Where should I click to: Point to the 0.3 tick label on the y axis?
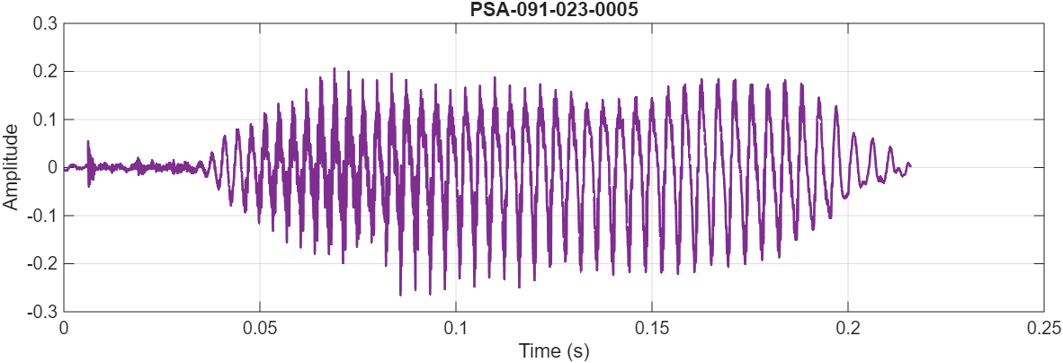coord(44,22)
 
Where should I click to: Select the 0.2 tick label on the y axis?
coord(44,71)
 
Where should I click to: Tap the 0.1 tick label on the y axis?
coord(44,120)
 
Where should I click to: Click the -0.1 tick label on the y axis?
coord(42,216)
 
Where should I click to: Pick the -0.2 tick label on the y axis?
coord(42,264)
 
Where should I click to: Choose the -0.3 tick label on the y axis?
coord(42,312)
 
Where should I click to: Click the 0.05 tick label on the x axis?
coord(260,329)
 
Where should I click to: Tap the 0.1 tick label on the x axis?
coord(456,329)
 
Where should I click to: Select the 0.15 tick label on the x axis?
coord(652,329)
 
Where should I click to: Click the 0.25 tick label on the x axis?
coord(1043,329)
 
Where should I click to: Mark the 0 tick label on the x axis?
coord(64,329)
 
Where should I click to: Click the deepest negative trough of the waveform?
coord(400,295)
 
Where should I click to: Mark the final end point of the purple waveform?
coord(910,165)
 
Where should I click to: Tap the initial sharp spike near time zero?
coord(88,142)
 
